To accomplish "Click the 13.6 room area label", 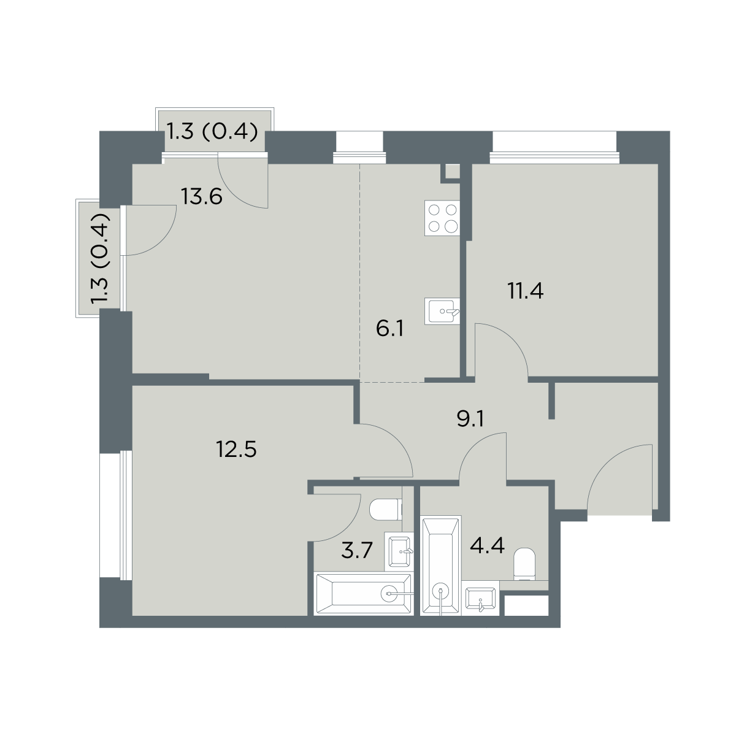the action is point(201,197).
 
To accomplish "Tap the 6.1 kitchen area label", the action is point(389,329).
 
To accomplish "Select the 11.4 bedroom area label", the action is point(525,291).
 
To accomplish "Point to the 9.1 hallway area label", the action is point(470,420).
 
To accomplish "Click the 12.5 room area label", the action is point(236,449).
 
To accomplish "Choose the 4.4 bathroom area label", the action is point(487,545).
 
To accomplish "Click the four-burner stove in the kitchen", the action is point(442,218).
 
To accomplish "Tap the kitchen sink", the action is point(442,312).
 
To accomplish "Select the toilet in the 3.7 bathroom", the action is point(386,510).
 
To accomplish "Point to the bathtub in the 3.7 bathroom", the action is point(363,594).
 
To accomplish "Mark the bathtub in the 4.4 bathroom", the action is point(441,565).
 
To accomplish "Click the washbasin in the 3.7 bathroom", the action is point(399,551).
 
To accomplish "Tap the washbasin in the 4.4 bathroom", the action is point(480,598).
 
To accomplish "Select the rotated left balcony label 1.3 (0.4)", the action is point(100,258).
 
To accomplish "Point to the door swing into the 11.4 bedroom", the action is point(501,350).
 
